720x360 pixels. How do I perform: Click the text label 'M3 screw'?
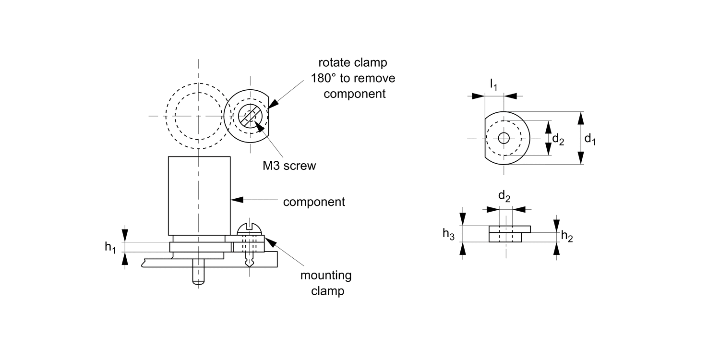click(289, 166)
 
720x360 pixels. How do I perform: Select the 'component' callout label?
click(314, 202)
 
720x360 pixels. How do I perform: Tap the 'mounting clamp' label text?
click(326, 283)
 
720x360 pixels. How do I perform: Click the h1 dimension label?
click(111, 247)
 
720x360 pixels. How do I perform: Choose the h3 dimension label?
click(448, 234)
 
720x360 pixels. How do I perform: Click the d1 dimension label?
click(590, 140)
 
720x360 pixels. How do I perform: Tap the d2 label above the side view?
click(504, 196)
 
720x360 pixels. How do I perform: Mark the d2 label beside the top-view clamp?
click(558, 140)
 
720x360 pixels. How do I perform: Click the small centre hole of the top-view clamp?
click(504, 138)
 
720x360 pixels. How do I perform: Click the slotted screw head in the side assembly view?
click(251, 228)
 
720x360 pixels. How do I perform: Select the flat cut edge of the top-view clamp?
click(485, 138)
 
